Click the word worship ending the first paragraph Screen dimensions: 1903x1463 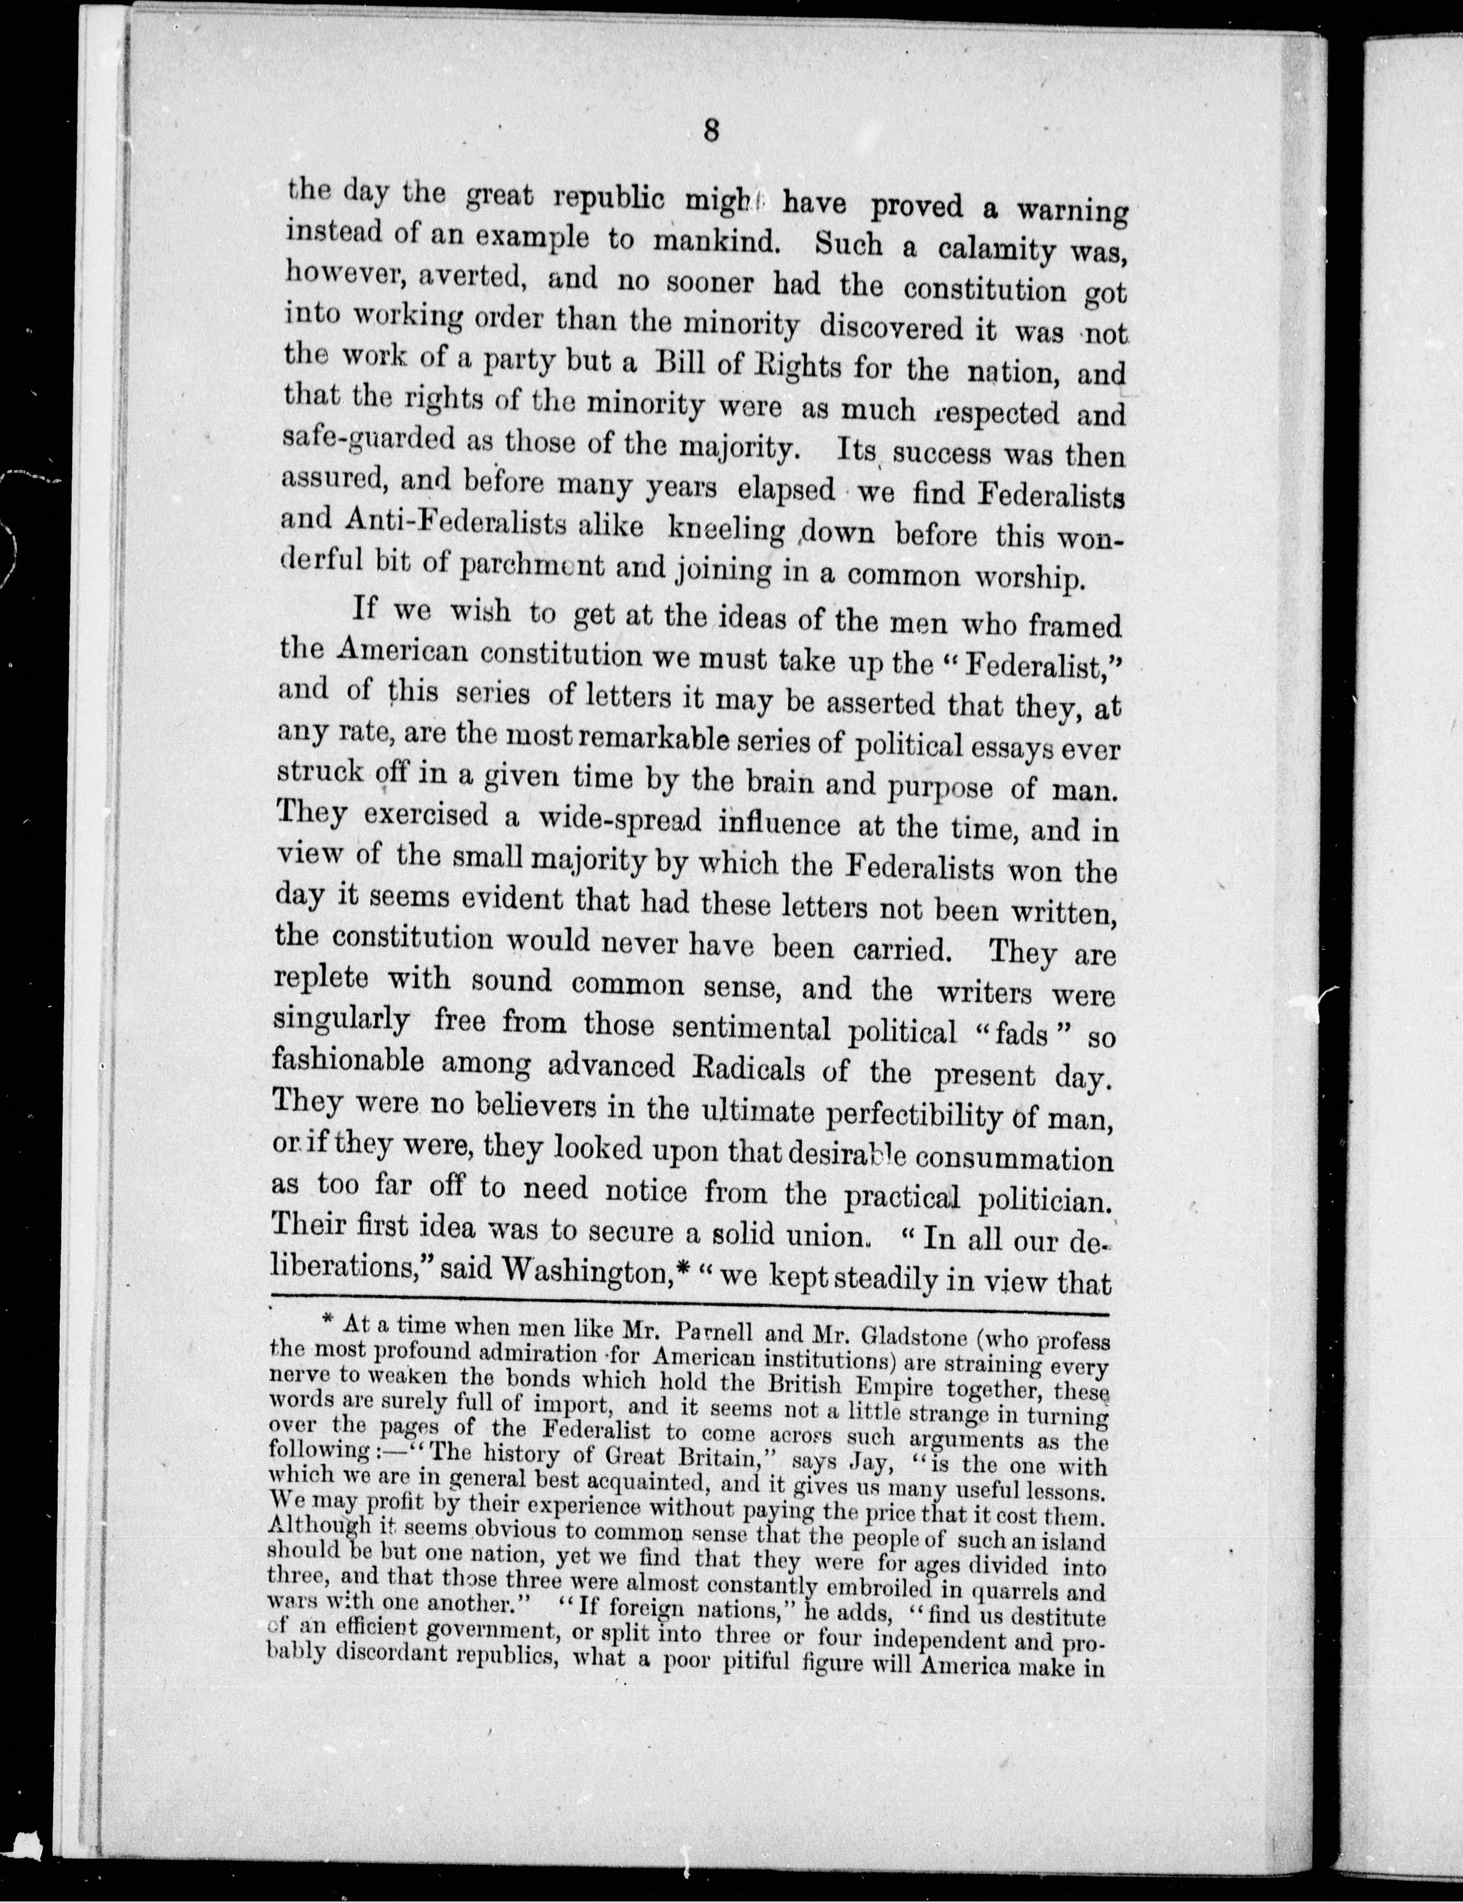1034,578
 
